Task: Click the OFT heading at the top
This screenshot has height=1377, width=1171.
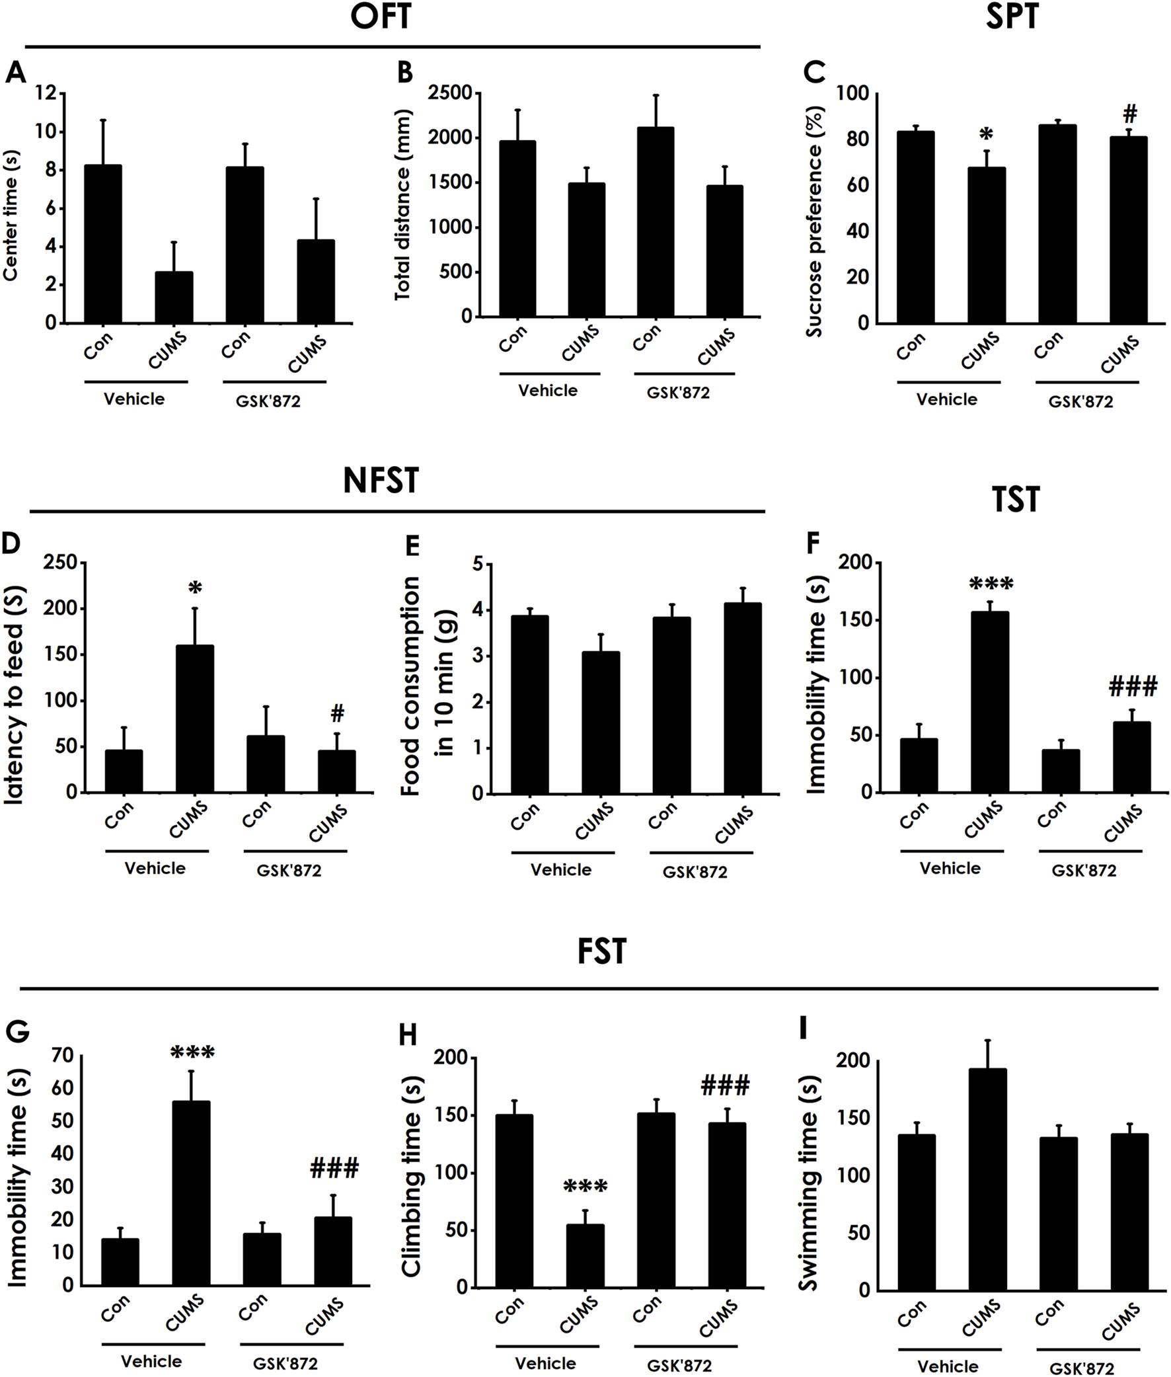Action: click(x=381, y=16)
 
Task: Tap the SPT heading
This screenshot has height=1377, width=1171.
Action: click(x=1012, y=16)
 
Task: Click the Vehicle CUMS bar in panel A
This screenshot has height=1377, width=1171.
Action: click(x=174, y=297)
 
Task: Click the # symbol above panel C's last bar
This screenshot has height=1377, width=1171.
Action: click(x=1129, y=115)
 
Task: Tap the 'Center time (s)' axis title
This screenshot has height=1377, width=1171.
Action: click(x=11, y=216)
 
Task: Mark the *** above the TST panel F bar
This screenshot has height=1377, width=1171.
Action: click(x=991, y=585)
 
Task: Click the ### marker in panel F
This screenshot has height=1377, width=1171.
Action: click(x=1133, y=686)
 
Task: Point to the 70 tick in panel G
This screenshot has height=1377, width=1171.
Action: click(x=63, y=1055)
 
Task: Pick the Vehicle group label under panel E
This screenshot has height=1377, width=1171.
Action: click(x=560, y=870)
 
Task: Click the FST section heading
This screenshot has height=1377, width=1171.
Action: click(x=601, y=951)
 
